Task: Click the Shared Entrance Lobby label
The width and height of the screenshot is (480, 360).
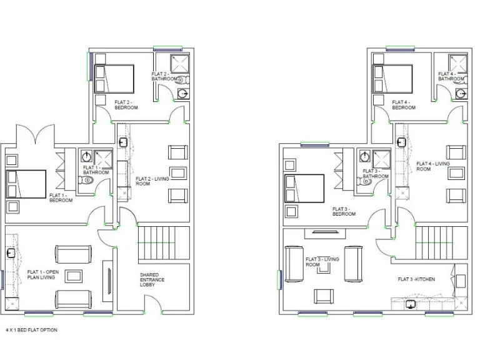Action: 152,280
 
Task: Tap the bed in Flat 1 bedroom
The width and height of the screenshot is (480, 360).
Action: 26,184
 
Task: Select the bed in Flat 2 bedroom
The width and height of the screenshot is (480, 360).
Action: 114,79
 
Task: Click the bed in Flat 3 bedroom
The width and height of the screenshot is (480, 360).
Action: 304,189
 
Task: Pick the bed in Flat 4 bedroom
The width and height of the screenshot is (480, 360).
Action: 392,79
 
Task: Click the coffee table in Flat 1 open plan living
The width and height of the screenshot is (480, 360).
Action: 74,276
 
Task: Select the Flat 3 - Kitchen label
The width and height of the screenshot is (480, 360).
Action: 416,279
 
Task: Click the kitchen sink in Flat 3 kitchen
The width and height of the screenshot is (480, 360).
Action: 411,305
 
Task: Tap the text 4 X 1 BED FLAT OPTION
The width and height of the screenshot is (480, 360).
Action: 31,329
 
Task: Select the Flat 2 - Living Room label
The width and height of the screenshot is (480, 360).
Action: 151,181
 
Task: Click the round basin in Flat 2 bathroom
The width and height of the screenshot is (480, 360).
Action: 182,94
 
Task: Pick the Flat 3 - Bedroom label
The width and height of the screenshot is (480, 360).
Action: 344,211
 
